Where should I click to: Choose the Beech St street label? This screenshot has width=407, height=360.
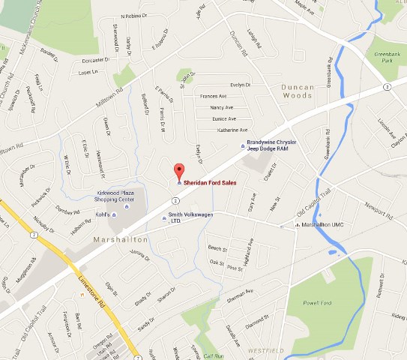[217, 248]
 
